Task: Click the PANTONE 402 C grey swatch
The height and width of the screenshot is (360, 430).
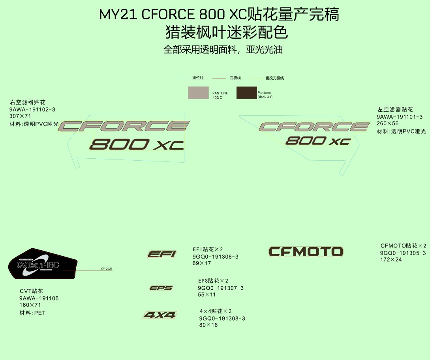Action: pos(198,93)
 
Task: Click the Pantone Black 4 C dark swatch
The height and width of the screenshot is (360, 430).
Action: pos(246,93)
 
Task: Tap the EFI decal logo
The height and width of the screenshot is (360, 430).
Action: pos(161,254)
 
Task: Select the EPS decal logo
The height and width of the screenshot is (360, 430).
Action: pos(161,288)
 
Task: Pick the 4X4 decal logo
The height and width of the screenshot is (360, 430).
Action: pos(160,315)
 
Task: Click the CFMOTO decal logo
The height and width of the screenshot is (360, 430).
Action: pos(306,251)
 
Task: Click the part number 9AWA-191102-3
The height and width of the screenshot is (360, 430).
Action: pos(32,109)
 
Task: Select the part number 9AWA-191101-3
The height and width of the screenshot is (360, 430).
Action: pos(400,117)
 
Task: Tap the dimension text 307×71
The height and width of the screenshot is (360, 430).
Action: pos(20,116)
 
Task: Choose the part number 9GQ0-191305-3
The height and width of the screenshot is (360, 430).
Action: pos(403,253)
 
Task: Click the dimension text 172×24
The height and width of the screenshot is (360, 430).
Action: pos(391,260)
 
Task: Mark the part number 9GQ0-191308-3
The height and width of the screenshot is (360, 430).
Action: pos(222,319)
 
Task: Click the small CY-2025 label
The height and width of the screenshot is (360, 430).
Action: pos(107,269)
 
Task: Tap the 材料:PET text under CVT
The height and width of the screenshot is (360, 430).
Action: pos(33,313)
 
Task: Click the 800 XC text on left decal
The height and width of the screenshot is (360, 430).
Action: pos(137,144)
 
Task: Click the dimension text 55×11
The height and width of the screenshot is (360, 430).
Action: pos(207,294)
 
